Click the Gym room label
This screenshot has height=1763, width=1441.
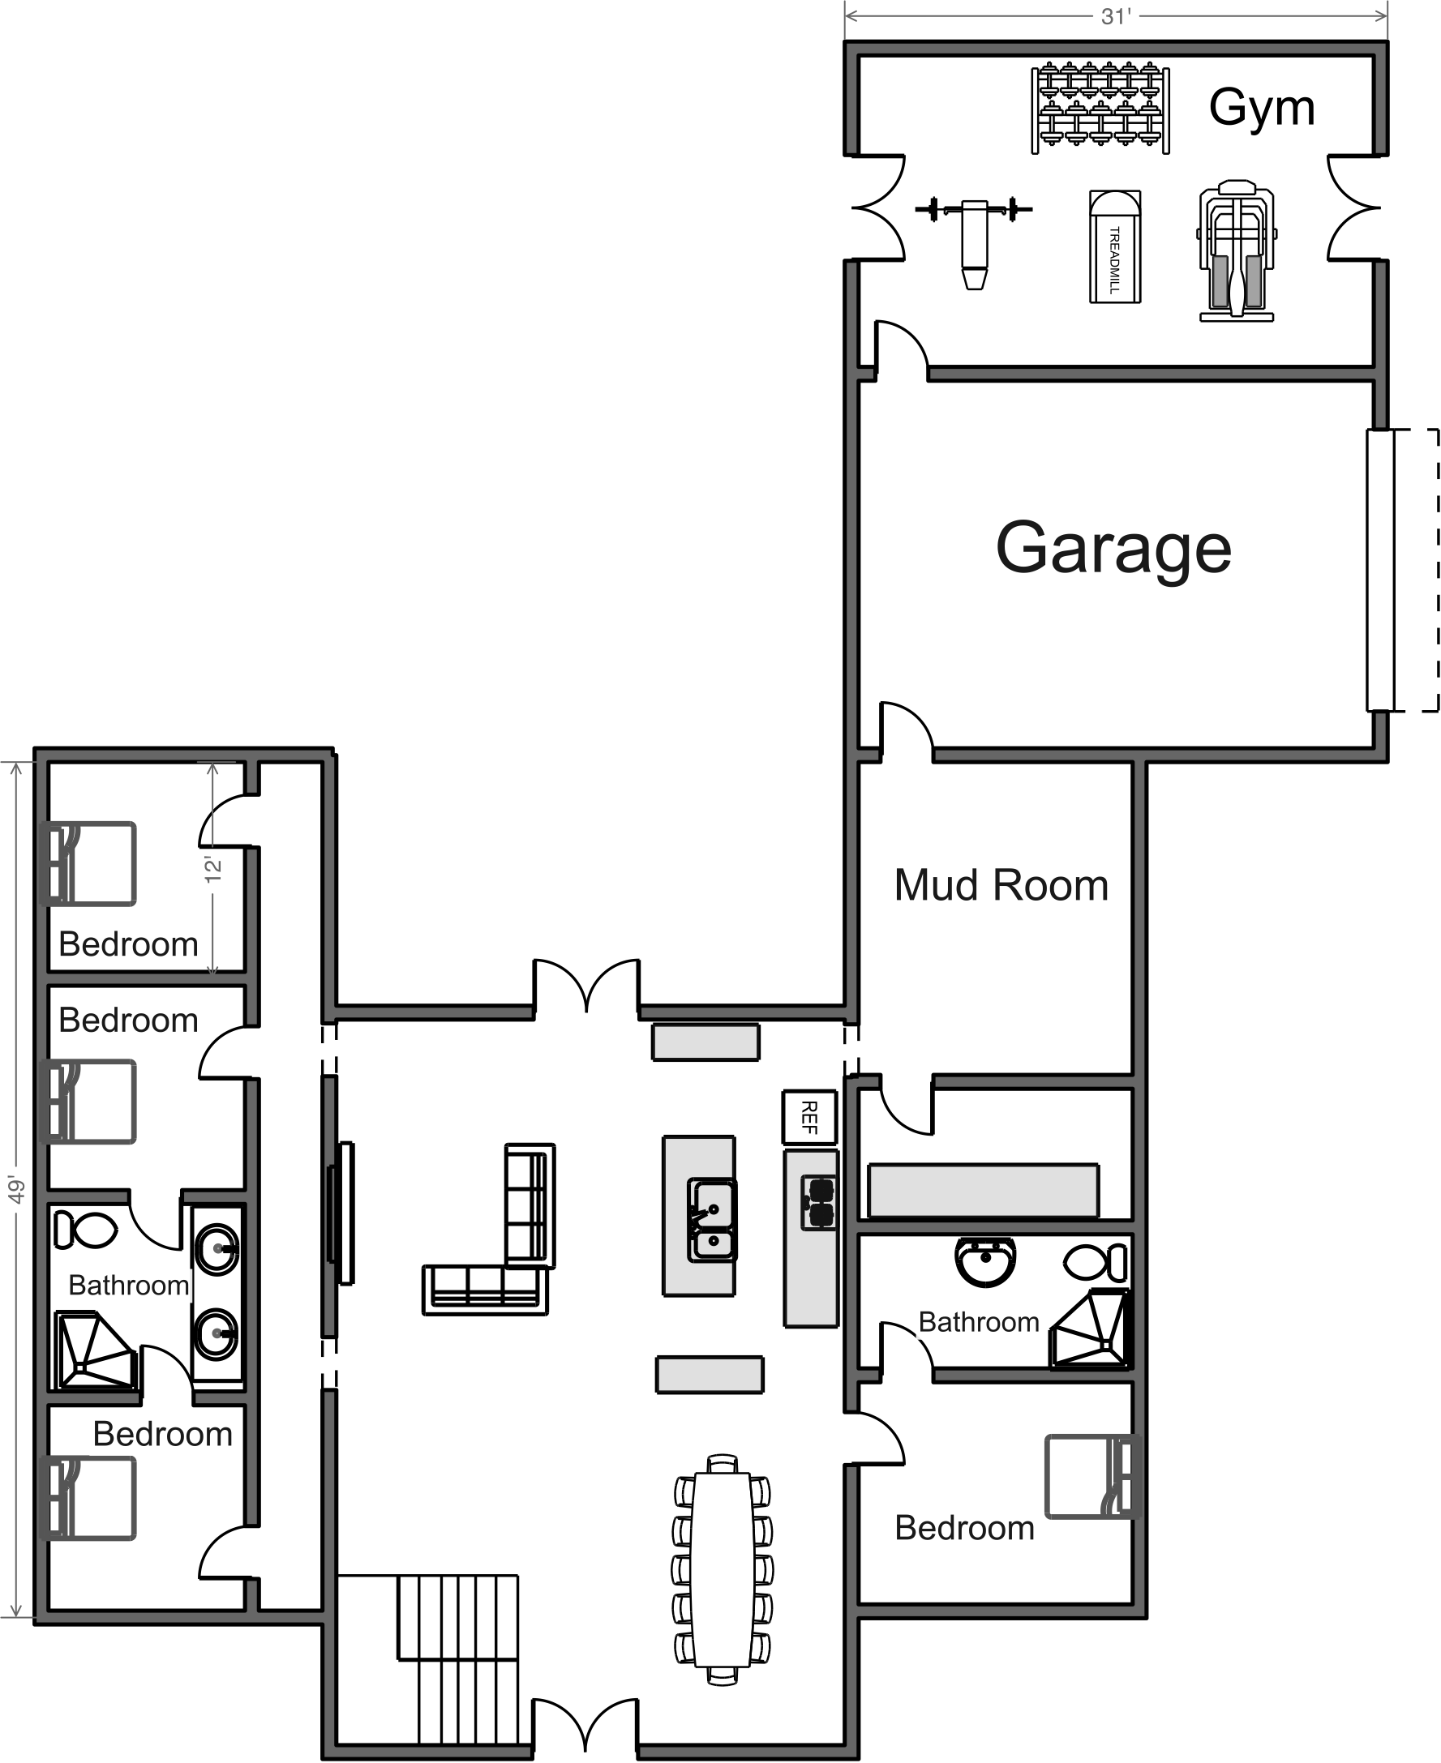pyautogui.click(x=1262, y=109)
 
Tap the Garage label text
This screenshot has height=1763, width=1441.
pyautogui.click(x=1113, y=549)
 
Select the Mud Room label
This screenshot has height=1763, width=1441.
pyautogui.click(x=1001, y=885)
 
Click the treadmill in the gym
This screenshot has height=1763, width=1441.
pyautogui.click(x=1115, y=246)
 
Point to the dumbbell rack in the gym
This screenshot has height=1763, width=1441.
pyautogui.click(x=1100, y=108)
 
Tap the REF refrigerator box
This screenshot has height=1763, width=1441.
pyautogui.click(x=809, y=1117)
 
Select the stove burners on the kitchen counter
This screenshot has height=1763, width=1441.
pyautogui.click(x=819, y=1202)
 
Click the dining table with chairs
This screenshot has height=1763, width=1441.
pyautogui.click(x=723, y=1570)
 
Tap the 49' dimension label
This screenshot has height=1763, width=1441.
pyautogui.click(x=16, y=1190)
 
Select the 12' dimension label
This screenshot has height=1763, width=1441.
pyautogui.click(x=213, y=869)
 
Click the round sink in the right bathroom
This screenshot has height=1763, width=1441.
pyautogui.click(x=985, y=1261)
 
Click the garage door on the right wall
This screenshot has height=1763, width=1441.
pyautogui.click(x=1379, y=570)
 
